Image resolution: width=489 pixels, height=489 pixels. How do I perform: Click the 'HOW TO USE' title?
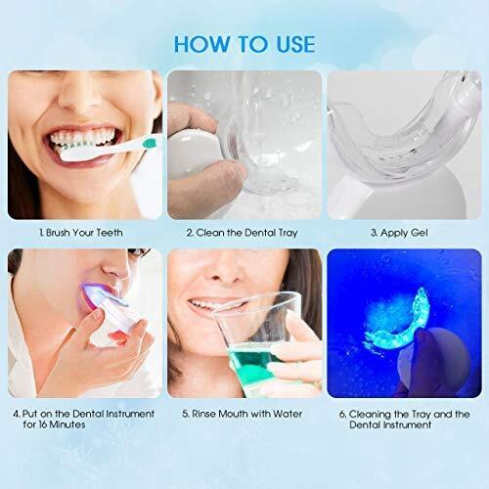click(244, 44)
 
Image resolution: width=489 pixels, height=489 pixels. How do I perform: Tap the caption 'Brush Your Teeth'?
click(84, 233)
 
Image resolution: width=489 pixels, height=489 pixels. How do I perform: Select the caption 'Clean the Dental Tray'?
click(246, 233)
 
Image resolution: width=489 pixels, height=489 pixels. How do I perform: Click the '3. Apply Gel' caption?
click(399, 233)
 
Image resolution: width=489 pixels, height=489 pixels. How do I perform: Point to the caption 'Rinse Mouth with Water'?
click(246, 414)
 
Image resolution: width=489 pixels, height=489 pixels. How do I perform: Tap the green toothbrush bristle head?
click(150, 143)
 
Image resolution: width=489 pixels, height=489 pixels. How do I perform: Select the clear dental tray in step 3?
click(404, 137)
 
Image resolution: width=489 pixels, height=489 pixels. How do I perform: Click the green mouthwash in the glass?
click(251, 362)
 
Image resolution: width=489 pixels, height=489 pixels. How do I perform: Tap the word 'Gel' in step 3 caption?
click(420, 233)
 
